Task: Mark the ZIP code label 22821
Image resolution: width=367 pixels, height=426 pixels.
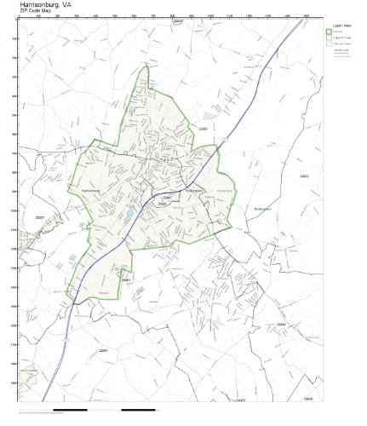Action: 39,218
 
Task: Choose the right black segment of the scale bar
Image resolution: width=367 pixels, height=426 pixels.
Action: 139,411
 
